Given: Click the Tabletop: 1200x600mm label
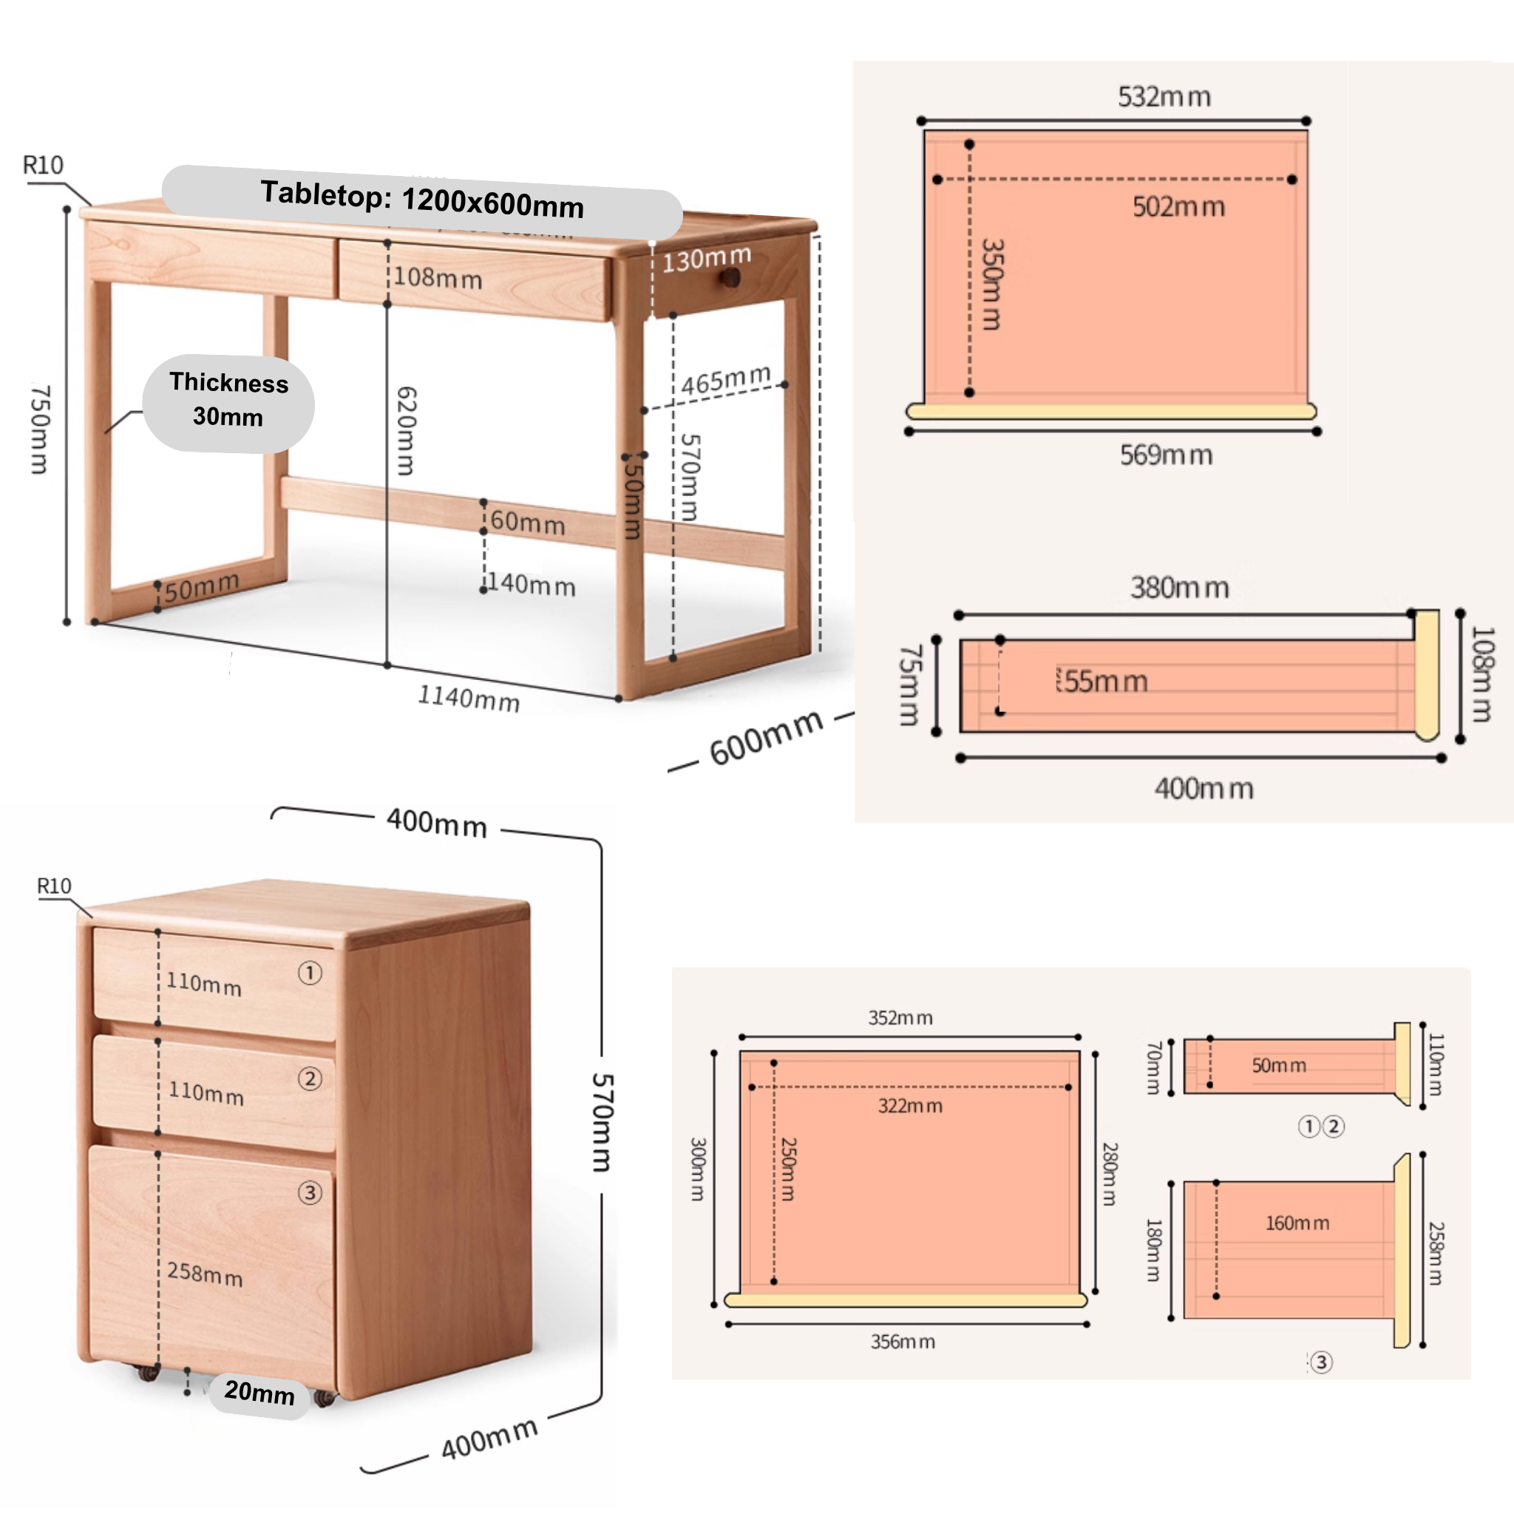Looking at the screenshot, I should (421, 200).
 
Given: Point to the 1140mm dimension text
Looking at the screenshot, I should (469, 696).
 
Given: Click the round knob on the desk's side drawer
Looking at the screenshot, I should (731, 276).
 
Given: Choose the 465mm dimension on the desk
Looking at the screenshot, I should (726, 380).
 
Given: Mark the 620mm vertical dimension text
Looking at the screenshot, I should (406, 430).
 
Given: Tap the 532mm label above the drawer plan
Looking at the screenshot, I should (1164, 97).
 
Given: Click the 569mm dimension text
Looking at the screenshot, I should (1166, 455).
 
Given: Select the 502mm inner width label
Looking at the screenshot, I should (1178, 207).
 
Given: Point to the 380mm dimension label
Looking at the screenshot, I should (1178, 588).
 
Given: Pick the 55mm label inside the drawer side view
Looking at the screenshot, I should (1105, 682).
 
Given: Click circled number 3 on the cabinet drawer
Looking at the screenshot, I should (310, 1192).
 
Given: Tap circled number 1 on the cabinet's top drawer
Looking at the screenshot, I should (310, 974).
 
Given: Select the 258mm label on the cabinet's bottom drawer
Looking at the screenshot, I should (205, 1274).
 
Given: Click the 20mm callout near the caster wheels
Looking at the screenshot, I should (259, 1392).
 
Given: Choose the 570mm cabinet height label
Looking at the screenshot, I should (602, 1122).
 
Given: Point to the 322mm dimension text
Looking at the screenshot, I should (910, 1106).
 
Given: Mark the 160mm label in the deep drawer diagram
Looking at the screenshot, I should (1297, 1223).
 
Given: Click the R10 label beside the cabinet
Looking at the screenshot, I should (54, 886).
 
